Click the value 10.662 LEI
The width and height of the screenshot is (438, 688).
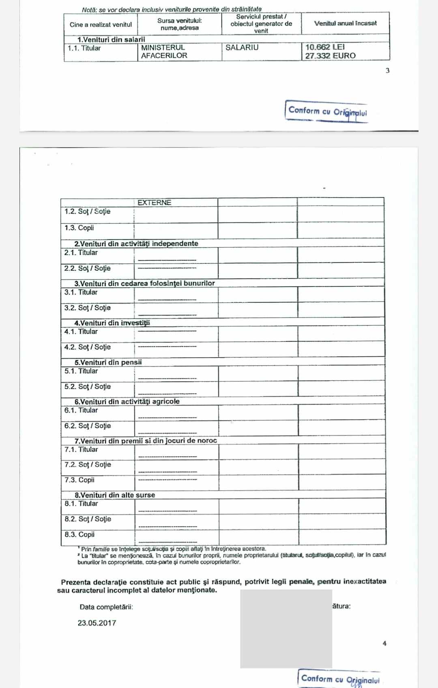[x=325, y=47]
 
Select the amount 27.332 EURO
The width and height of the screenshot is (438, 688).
[x=330, y=56]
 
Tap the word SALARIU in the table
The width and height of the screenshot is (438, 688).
[x=242, y=47]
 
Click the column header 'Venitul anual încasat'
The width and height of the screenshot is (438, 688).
[x=345, y=24]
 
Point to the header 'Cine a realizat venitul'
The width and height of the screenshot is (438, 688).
[x=101, y=25]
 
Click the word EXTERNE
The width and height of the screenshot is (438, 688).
[x=154, y=203]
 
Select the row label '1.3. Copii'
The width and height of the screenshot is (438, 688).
[x=79, y=228]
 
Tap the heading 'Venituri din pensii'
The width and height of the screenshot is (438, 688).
[x=108, y=362]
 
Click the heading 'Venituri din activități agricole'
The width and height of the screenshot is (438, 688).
[x=127, y=401]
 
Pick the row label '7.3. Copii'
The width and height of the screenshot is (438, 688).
[x=79, y=480]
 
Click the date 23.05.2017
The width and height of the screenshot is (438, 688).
[x=97, y=623]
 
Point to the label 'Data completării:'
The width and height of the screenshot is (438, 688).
[x=106, y=607]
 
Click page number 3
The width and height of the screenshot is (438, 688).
[x=387, y=71]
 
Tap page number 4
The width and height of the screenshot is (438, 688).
[x=384, y=643]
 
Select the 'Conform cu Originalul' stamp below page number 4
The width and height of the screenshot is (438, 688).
[x=340, y=679]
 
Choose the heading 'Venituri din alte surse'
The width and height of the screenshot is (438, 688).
[x=114, y=495]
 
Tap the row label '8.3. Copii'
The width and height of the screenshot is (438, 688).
[x=79, y=535]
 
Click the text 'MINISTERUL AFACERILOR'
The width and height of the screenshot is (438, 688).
[x=164, y=52]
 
